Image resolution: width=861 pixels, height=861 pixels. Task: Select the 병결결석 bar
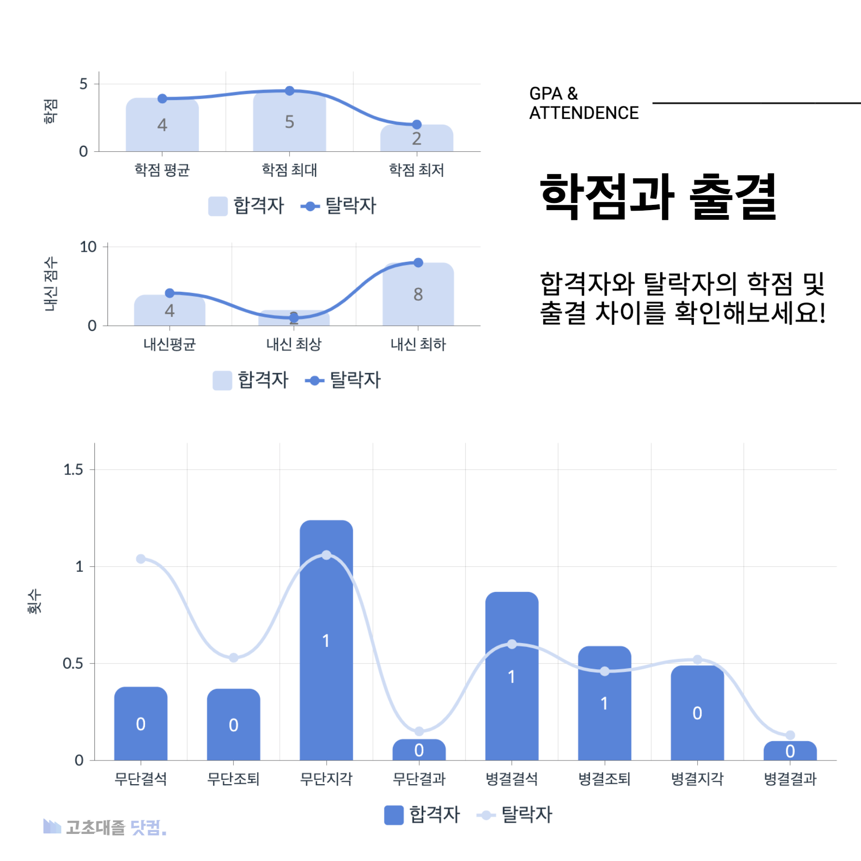click(512, 676)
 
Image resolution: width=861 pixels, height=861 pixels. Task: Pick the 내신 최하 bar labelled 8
click(418, 294)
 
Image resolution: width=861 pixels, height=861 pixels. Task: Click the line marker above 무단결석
click(141, 559)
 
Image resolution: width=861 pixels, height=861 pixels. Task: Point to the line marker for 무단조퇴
click(233, 658)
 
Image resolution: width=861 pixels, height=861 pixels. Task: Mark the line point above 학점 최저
click(417, 125)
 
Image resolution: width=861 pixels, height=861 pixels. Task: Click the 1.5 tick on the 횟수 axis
click(73, 470)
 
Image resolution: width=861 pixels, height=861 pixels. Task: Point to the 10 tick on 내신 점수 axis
click(88, 247)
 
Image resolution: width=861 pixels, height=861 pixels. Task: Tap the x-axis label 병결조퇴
click(604, 779)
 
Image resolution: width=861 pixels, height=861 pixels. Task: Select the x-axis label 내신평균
click(170, 344)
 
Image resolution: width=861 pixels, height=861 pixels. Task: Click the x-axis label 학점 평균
click(162, 170)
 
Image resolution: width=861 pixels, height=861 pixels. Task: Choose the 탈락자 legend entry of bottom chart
click(515, 815)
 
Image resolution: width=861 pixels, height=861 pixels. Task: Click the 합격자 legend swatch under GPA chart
click(218, 206)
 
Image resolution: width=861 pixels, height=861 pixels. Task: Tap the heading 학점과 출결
click(658, 197)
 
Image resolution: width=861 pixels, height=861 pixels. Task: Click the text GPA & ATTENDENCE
click(583, 103)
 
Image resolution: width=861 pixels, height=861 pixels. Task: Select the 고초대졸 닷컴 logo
click(105, 827)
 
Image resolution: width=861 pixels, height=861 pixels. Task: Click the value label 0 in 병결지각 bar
click(697, 713)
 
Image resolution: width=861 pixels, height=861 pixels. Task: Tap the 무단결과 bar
click(419, 750)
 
